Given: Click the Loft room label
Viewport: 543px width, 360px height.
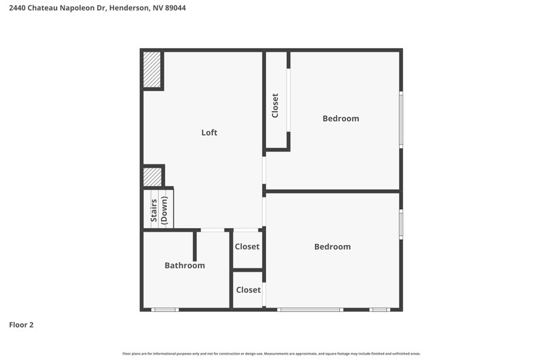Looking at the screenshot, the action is [x=209, y=132].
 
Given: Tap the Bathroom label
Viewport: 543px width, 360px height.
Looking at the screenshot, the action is [x=185, y=266].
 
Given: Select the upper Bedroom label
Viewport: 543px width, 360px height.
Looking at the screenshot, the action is [x=341, y=118].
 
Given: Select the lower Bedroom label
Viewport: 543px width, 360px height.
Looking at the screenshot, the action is [x=333, y=247].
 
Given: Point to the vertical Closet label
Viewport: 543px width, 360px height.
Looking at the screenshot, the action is [x=276, y=106].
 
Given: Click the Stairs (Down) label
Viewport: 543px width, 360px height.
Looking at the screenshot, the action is [x=159, y=211].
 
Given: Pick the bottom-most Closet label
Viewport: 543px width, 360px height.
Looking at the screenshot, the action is [x=248, y=289].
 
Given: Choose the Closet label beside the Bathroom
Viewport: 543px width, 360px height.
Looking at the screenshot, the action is [x=247, y=247].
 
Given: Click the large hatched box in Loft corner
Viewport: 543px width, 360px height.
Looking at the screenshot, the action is [x=152, y=70].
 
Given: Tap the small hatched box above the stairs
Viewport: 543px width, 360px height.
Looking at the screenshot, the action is [x=152, y=177].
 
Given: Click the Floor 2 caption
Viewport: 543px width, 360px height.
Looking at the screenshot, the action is [x=21, y=325].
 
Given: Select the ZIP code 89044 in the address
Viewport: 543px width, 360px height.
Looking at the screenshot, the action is [x=175, y=7].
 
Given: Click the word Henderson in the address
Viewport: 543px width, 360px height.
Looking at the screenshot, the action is [x=130, y=7].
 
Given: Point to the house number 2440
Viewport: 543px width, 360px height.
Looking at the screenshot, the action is [x=18, y=7].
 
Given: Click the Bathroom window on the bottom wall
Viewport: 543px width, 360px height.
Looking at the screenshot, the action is [x=165, y=310].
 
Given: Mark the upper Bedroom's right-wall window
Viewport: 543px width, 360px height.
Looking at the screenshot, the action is [x=401, y=120].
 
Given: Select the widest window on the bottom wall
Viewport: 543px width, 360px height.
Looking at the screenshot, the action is [x=310, y=310].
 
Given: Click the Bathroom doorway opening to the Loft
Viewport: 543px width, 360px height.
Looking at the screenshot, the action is [x=212, y=230].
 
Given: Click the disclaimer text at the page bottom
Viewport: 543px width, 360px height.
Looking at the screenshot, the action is [x=271, y=354].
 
